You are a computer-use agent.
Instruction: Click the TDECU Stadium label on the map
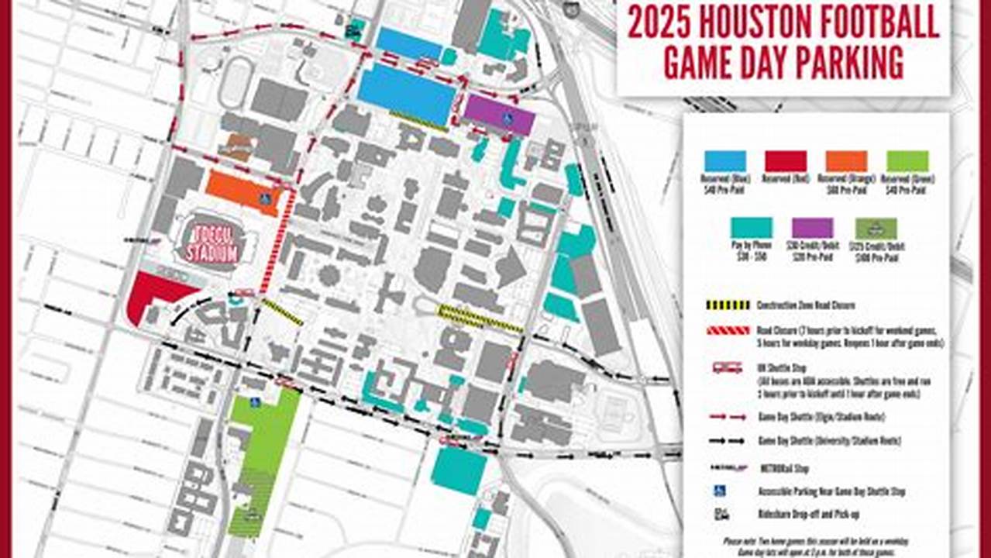(210, 243)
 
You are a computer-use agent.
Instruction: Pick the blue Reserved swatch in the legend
(725, 161)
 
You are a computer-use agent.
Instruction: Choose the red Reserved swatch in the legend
(786, 161)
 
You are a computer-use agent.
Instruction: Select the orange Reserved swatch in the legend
(846, 161)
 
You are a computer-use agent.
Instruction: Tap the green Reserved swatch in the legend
(907, 161)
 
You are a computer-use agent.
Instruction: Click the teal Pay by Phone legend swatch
(752, 228)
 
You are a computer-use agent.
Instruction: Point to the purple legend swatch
(812, 228)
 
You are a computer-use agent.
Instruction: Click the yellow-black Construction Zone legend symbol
(728, 305)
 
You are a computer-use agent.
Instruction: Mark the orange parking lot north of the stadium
(240, 189)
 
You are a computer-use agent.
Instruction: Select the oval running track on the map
(236, 82)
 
